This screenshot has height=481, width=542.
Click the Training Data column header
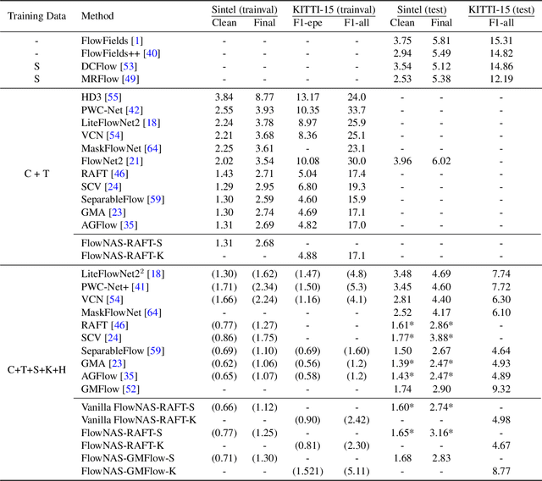pyautogui.click(x=36, y=16)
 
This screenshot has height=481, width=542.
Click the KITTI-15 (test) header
pyautogui.click(x=504, y=9)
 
